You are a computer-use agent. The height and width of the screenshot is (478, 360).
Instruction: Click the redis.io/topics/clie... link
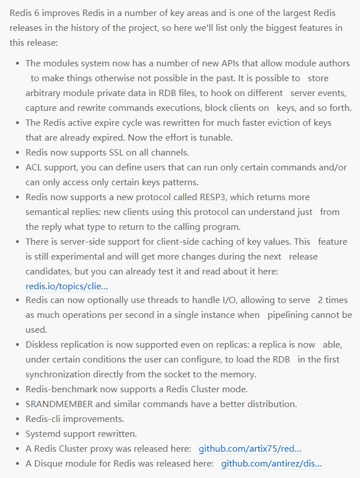(66, 286)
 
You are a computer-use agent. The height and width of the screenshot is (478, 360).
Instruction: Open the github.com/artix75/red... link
(250, 449)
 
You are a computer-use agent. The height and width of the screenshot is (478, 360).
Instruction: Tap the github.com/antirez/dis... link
(271, 464)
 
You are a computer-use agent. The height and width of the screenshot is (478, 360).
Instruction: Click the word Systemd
(43, 434)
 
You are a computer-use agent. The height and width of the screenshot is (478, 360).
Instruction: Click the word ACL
(34, 168)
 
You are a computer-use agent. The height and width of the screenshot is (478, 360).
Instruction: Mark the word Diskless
(43, 345)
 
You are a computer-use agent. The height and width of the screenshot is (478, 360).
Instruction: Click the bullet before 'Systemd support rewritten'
(18, 434)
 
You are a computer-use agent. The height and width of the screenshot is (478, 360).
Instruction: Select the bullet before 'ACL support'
(18, 168)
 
